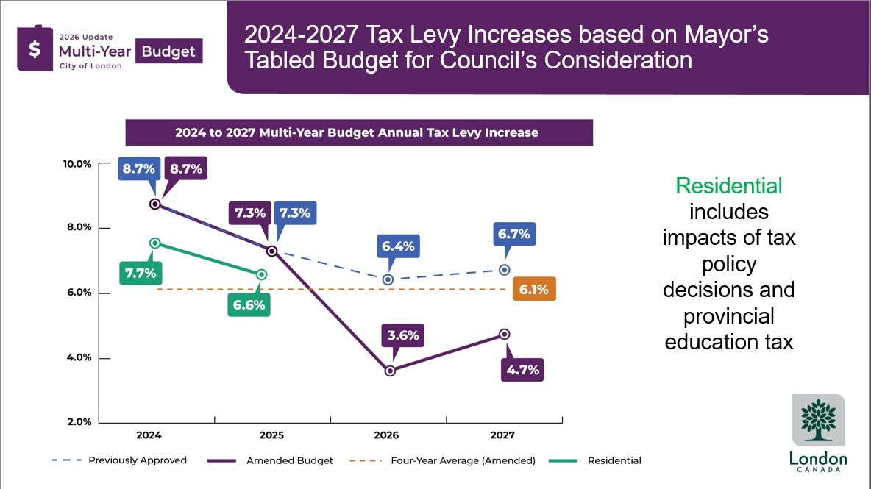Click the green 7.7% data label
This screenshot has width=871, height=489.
pos(140,274)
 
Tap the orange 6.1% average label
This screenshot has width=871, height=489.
pos(534,290)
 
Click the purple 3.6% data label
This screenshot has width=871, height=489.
pos(404,335)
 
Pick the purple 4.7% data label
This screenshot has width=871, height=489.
pos(523,370)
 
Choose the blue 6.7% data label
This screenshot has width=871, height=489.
pos(514,234)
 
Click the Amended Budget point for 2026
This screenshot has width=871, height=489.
pos(390,371)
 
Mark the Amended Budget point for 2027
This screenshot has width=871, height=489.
pos(504,334)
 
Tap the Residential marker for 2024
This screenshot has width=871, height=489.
pos(154,243)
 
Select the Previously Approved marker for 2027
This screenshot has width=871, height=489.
pos(504,270)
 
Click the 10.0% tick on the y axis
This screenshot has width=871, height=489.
pos(77,164)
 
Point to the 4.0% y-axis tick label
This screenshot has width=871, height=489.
pos(77,358)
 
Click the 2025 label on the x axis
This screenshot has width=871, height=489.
pos(271,435)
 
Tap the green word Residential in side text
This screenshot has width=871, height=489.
pos(729,186)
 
